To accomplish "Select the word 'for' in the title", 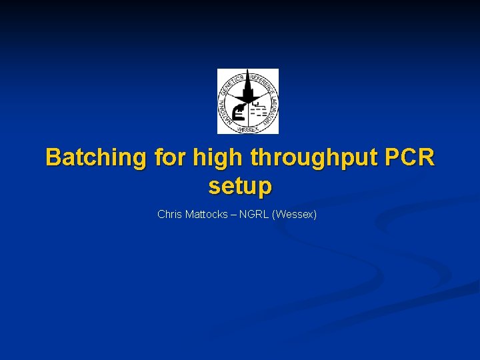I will [169, 158].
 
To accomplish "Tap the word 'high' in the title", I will [214, 158].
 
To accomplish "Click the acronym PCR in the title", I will [409, 158].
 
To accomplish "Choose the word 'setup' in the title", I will [240, 187].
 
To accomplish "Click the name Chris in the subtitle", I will [169, 215].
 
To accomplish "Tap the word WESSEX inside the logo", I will [248, 129].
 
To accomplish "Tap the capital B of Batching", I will [53, 158].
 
